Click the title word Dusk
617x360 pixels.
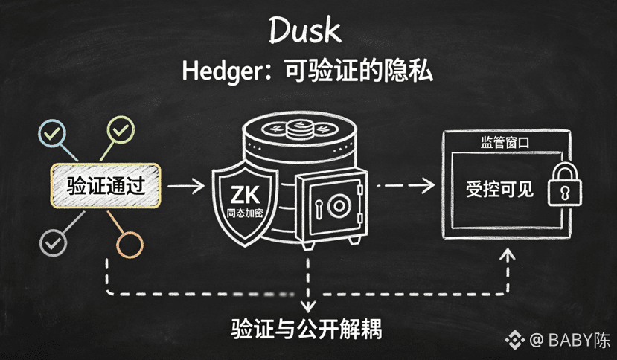tap(304, 30)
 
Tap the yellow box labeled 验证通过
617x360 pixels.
tap(106, 185)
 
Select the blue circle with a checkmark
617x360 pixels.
tap(52, 134)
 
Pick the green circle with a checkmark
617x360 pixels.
tap(121, 130)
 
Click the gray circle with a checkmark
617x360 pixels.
tap(53, 243)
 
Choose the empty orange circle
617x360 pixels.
tap(130, 245)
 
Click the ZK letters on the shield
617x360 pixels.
tap(245, 194)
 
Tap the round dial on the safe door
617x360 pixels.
tap(339, 205)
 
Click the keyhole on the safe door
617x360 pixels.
tap(319, 208)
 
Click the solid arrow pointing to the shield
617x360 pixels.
tap(186, 186)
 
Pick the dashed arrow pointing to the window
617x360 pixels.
tap(406, 185)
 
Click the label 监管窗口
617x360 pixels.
tap(505, 142)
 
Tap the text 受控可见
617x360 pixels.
tap(499, 189)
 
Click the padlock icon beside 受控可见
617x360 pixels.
tap(565, 184)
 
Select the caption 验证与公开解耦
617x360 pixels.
tap(306, 329)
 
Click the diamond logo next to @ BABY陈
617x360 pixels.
tap(515, 339)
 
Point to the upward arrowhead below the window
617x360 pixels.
tap(508, 254)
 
